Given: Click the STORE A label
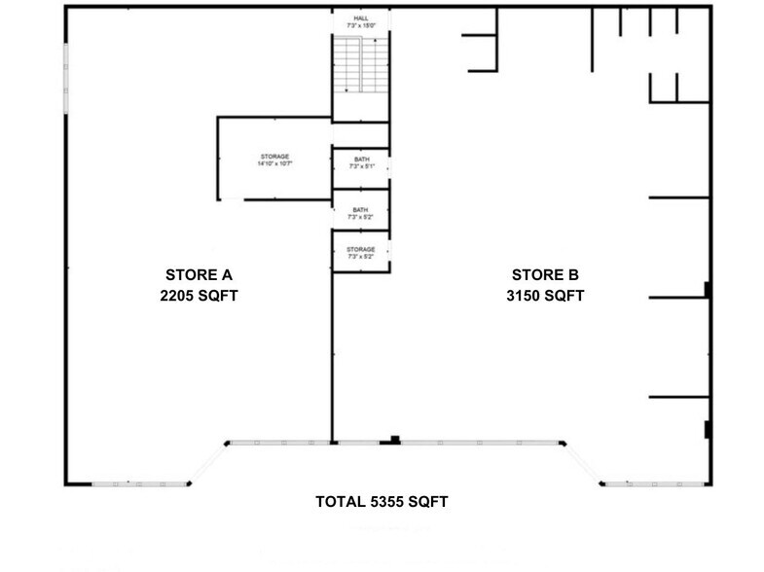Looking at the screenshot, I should [199, 274].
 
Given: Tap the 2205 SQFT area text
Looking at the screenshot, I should [199, 296].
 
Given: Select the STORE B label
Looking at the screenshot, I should [545, 274].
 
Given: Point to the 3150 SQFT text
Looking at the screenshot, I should [545, 296].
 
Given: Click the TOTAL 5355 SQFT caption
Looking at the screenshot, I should [382, 502].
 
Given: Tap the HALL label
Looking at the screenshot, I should [360, 17].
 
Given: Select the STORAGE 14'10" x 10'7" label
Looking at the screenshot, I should [275, 161].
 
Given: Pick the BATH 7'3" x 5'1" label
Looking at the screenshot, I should [361, 162].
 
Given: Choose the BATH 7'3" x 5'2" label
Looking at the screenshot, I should [361, 213].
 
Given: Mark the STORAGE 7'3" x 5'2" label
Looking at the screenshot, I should [361, 253].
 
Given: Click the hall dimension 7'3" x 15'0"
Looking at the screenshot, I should [360, 25].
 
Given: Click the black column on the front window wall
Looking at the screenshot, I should [394, 440].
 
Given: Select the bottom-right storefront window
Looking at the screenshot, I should [647, 483].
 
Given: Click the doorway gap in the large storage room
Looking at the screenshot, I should [231, 199].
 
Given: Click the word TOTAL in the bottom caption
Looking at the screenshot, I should [337, 502].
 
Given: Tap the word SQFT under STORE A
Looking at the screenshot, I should [219, 296].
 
